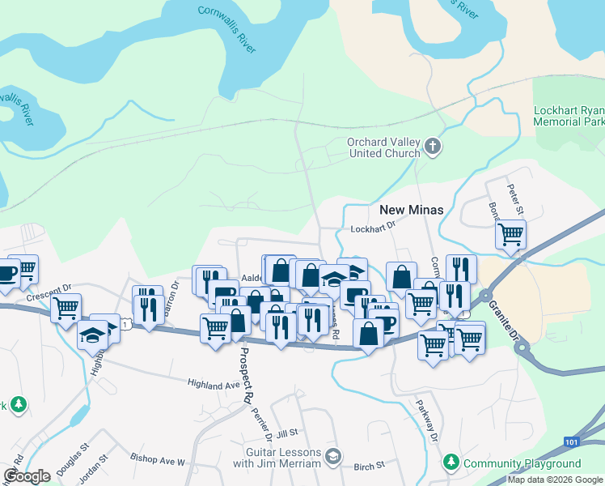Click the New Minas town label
coord(410,210)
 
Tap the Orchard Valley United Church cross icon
coord(434,147)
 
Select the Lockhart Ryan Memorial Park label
coord(569,116)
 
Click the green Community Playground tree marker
coord(451,463)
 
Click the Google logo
coord(27,475)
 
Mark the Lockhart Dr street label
coord(373,229)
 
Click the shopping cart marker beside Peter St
coord(510,234)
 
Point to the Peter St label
coord(516,199)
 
